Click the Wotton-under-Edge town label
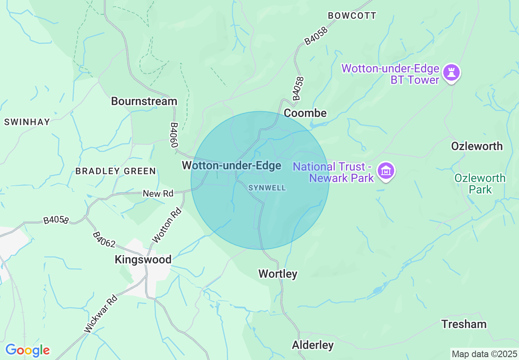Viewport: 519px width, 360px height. pyautogui.click(x=232, y=166)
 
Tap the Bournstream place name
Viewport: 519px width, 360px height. pyautogui.click(x=144, y=101)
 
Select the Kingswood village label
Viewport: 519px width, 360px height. pyautogui.click(x=143, y=259)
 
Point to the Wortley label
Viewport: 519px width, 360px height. pyautogui.click(x=278, y=274)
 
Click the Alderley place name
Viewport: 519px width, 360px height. pyautogui.click(x=313, y=345)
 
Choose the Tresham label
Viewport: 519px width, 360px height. pyautogui.click(x=464, y=324)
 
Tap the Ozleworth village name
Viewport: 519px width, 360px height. pyautogui.click(x=477, y=146)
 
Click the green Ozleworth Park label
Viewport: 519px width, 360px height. pyautogui.click(x=480, y=184)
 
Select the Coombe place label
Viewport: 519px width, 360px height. pyautogui.click(x=305, y=113)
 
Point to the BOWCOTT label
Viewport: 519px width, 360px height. pyautogui.click(x=352, y=16)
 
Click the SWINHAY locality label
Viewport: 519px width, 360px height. pyautogui.click(x=27, y=122)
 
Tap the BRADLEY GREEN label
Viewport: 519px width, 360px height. pyautogui.click(x=115, y=171)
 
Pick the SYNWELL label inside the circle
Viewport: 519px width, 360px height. pyautogui.click(x=267, y=188)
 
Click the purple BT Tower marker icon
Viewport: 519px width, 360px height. pyautogui.click(x=452, y=73)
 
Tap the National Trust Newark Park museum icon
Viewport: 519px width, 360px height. pyautogui.click(x=386, y=171)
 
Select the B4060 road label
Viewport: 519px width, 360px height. pyautogui.click(x=174, y=135)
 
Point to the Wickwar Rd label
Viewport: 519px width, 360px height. pyautogui.click(x=101, y=314)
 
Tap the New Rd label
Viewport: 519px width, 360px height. pyautogui.click(x=158, y=193)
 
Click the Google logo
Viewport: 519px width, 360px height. pyautogui.click(x=27, y=351)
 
